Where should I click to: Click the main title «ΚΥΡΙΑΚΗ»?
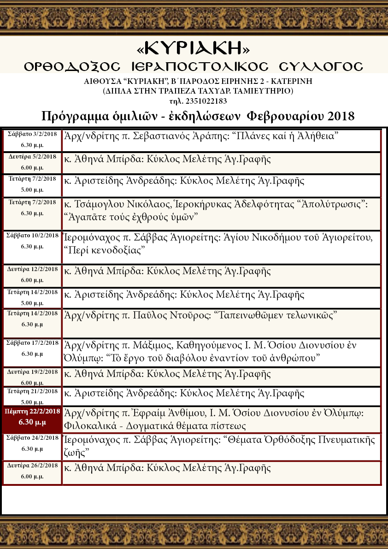[x=194, y=48]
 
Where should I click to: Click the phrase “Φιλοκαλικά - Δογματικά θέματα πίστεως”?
[x=155, y=425]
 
